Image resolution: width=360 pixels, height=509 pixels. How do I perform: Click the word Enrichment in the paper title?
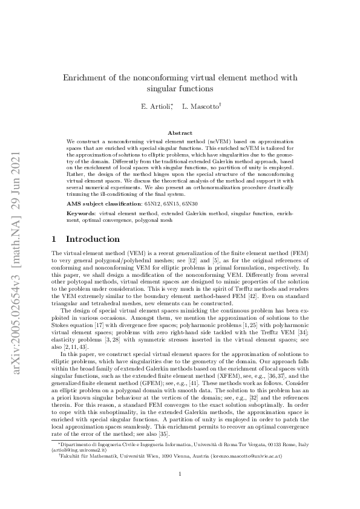click(88, 78)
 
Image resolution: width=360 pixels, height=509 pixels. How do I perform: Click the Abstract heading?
click(180, 133)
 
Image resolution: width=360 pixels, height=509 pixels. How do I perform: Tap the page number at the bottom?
click(180, 490)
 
